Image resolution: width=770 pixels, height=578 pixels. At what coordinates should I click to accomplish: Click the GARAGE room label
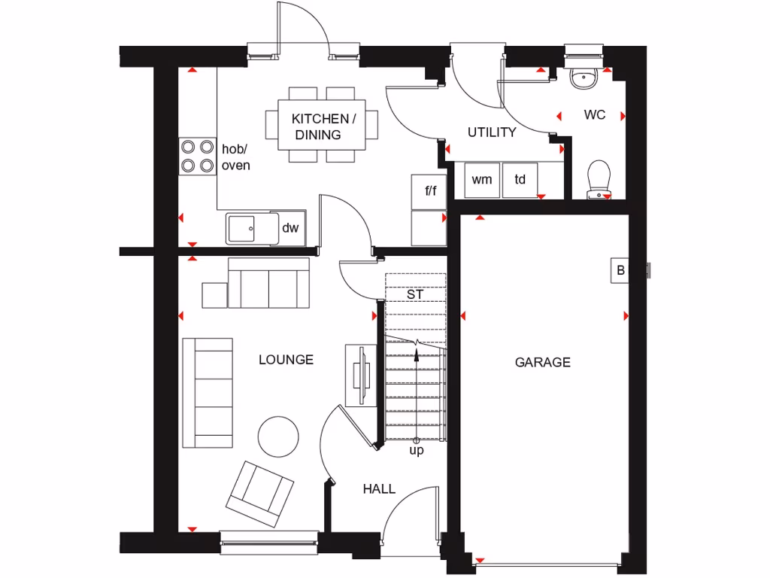pos(542,362)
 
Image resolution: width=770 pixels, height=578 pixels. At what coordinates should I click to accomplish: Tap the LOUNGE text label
pos(286,360)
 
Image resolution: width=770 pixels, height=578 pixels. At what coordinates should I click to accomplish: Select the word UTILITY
pos(492,132)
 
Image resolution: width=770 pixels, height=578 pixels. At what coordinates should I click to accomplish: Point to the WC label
pos(595,115)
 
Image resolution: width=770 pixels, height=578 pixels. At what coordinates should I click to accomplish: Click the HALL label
pos(379,489)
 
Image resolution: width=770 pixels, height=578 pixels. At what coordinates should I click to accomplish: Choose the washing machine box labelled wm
pos(482,179)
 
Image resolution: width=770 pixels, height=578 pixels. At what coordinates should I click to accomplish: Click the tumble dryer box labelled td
pos(520,179)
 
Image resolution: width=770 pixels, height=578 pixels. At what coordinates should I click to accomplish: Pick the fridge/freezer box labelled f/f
pos(430,191)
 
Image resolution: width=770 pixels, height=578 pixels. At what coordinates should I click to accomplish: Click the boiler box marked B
pos(620,271)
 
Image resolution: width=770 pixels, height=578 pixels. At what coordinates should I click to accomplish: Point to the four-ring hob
pos(197,157)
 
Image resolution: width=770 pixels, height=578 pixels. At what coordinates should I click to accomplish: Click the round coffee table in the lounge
pos(279,437)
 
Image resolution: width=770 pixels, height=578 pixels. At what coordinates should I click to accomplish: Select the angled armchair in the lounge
pos(260,493)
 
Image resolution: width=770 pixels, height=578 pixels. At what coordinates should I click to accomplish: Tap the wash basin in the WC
pos(584,78)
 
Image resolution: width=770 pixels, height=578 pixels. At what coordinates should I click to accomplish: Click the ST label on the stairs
pos(415,294)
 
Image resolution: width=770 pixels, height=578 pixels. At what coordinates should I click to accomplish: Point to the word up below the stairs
pos(416,451)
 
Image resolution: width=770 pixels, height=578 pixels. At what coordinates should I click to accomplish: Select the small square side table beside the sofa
pos(214,294)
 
